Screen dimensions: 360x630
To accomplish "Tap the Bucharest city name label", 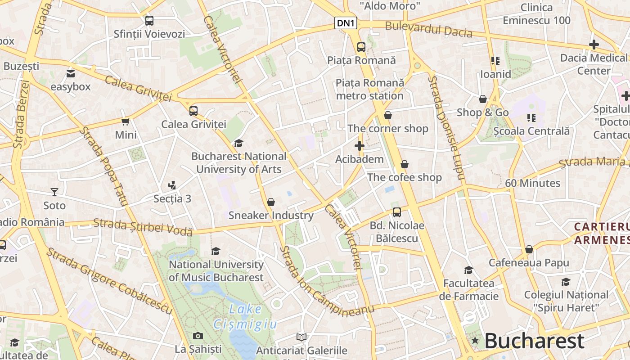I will tap(534, 341).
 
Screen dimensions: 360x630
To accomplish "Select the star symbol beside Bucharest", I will tap(475, 341).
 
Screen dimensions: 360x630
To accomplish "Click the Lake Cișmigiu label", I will tap(245, 316).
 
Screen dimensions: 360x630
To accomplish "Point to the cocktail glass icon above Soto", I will tap(54, 192).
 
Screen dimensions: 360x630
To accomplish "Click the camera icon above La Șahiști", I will tap(198, 336).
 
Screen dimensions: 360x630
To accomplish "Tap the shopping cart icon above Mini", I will tap(126, 121).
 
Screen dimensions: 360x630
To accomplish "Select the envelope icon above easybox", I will tap(71, 74).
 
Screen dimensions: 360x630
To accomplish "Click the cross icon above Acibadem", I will tap(359, 146).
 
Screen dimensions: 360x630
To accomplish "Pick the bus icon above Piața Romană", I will tap(361, 47).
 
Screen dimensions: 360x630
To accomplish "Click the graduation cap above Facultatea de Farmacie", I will tap(468, 270).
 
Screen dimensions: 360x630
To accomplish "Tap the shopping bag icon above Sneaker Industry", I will tap(271, 202).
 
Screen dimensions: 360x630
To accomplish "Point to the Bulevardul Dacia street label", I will tap(428, 29).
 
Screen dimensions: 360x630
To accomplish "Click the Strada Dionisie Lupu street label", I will tap(445, 128).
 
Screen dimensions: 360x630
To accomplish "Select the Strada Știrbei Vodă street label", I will tap(143, 227).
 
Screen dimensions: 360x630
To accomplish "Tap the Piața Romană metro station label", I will tap(370, 89).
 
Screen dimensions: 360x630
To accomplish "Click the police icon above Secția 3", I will tap(171, 185).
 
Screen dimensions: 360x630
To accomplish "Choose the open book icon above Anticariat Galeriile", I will tap(301, 337).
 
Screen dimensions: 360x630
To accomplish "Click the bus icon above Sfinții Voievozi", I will tap(149, 20).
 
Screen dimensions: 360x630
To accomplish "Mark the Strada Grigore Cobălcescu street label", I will tap(109, 281).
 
